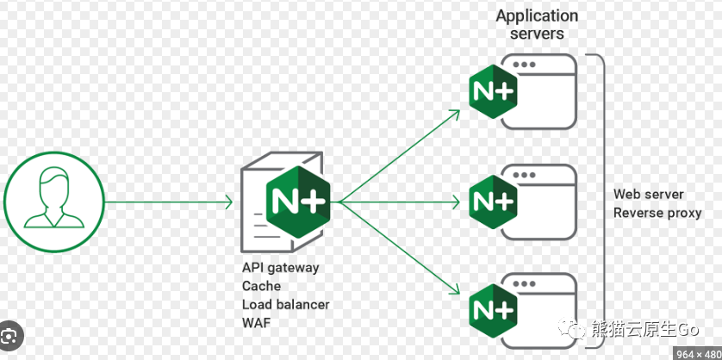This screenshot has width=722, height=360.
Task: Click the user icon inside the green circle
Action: pyautogui.click(x=54, y=198)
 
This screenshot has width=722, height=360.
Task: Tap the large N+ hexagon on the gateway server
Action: pyautogui.click(x=298, y=202)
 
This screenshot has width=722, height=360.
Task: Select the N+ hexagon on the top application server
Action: pyautogui.click(x=493, y=91)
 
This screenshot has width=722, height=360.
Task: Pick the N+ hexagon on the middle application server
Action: pyautogui.click(x=493, y=202)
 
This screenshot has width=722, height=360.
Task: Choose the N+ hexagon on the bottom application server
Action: pyautogui.click(x=493, y=311)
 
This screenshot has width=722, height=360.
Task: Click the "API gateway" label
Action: pyautogui.click(x=280, y=268)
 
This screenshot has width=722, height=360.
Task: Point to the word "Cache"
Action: pyautogui.click(x=261, y=286)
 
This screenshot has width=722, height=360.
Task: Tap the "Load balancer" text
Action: pyautogui.click(x=285, y=304)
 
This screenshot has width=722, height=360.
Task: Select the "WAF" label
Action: pyautogui.click(x=257, y=323)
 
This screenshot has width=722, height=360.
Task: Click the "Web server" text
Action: pyautogui.click(x=648, y=195)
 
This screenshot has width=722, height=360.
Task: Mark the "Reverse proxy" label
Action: pyautogui.click(x=657, y=213)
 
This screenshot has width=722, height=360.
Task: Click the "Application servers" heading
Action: pyautogui.click(x=537, y=24)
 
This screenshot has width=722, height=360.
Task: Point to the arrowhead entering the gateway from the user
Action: pyautogui.click(x=229, y=202)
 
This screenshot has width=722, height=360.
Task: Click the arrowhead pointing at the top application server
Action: pyautogui.click(x=454, y=114)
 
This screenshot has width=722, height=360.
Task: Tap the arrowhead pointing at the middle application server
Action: pyautogui.click(x=456, y=202)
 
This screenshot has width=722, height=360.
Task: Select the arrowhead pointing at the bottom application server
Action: pyautogui.click(x=454, y=289)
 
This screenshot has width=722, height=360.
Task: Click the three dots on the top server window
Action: pyautogui.click(x=524, y=65)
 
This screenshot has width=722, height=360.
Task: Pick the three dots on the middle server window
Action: pyautogui.click(x=524, y=175)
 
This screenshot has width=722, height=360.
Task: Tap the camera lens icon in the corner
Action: pyautogui.click(x=10, y=337)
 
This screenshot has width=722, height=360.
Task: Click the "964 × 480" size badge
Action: pyautogui.click(x=697, y=354)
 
